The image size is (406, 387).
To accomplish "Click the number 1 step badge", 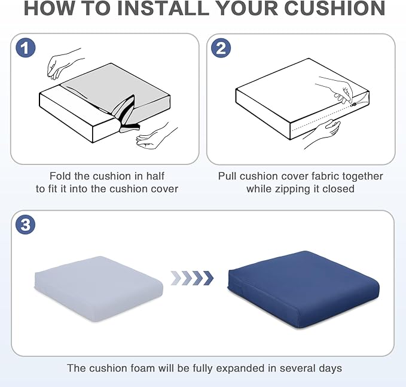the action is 25,48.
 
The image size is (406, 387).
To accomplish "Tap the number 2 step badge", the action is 221,48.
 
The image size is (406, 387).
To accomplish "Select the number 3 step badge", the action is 25,224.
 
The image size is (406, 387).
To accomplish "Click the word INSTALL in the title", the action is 163,8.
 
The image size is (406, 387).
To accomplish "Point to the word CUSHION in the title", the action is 335,8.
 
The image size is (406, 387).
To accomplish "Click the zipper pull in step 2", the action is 354,105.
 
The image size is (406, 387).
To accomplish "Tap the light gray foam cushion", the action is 99,288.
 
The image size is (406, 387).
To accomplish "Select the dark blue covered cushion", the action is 304,290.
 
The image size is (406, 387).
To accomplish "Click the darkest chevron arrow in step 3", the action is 208,278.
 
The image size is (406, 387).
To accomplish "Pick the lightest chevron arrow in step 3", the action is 176,278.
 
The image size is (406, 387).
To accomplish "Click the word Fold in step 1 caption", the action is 60,176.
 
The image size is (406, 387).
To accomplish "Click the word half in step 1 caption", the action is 155,176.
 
